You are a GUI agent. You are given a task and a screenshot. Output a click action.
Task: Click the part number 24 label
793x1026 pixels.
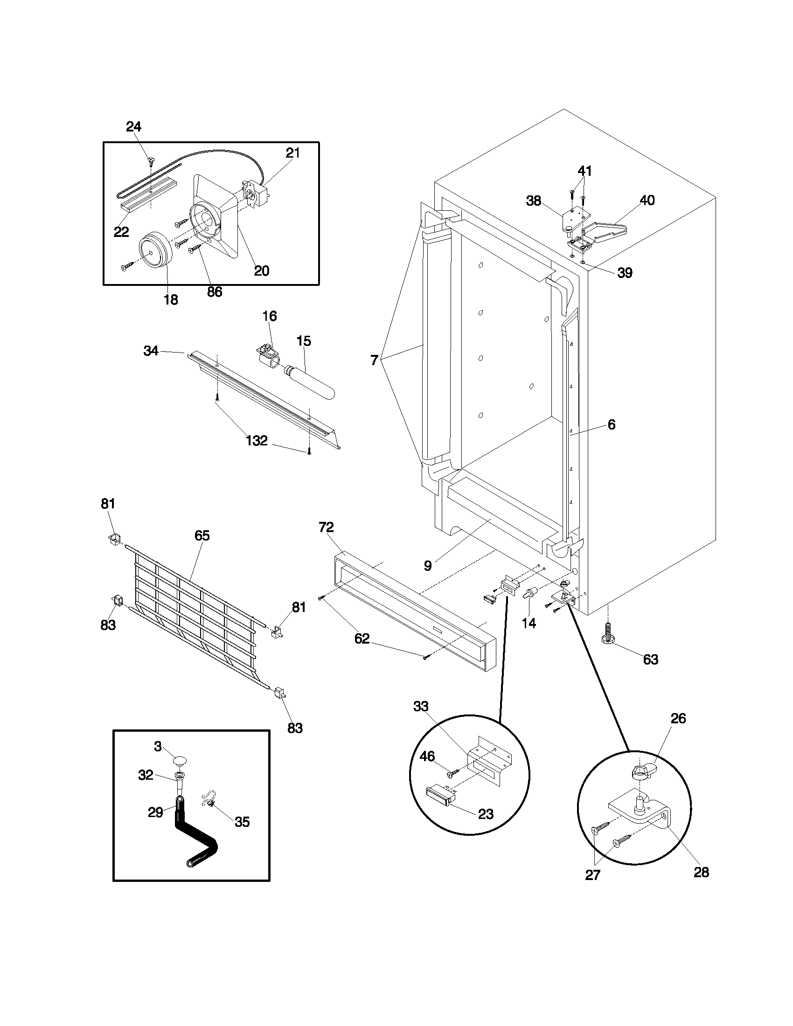point(133,127)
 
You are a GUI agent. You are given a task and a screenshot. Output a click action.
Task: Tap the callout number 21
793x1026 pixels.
point(292,153)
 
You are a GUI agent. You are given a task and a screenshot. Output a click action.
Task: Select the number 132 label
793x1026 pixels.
point(257,441)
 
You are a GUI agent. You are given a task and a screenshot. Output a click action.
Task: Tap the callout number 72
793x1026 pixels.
point(326,527)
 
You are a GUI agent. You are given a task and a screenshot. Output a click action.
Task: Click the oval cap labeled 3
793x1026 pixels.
point(180,760)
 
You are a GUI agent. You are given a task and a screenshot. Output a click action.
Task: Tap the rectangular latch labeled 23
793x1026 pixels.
point(440,795)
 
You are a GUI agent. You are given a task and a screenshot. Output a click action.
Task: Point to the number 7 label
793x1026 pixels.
point(374,361)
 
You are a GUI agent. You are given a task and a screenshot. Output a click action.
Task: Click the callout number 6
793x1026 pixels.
point(611,425)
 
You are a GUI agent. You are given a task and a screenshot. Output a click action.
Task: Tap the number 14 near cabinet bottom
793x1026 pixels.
point(529,624)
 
